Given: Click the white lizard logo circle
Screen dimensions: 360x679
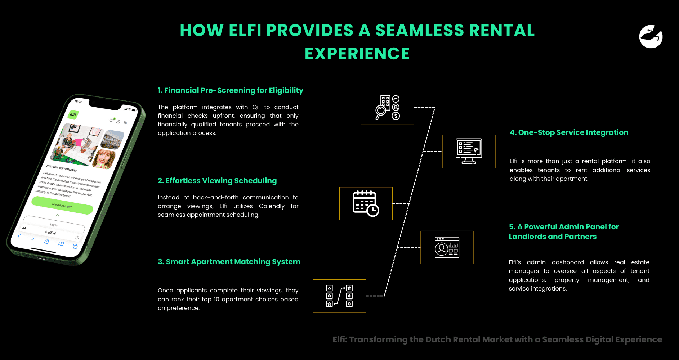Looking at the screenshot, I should (651, 36).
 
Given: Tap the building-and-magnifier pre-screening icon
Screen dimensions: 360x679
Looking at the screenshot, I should (387, 108).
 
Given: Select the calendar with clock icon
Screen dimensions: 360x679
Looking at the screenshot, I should (366, 203).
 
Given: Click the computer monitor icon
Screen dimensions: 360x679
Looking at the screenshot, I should (469, 151).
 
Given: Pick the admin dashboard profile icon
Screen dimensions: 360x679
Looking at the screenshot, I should (447, 247).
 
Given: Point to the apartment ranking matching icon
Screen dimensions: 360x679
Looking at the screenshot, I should (339, 296).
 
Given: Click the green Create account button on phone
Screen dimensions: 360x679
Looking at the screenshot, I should (62, 206).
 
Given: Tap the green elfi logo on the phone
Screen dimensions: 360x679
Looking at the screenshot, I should (73, 114).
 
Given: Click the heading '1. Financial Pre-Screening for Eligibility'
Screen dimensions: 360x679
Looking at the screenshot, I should (230, 90).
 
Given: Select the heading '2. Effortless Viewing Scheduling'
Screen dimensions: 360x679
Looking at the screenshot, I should (217, 181).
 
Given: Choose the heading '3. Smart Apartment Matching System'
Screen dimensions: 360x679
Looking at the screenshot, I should (229, 262).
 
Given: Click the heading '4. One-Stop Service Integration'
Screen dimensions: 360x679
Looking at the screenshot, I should (569, 132).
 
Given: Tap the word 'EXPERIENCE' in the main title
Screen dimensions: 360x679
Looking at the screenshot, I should (357, 54).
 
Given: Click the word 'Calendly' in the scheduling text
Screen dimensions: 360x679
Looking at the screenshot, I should (272, 206).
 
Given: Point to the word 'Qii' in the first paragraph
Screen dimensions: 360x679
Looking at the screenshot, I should (256, 107).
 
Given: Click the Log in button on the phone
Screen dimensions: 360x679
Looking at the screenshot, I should (53, 225).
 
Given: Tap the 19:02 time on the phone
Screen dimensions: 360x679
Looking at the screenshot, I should (78, 102).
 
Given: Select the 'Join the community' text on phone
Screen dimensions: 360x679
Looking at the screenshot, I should (62, 168).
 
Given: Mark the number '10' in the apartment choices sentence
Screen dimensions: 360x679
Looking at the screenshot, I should (216, 299).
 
